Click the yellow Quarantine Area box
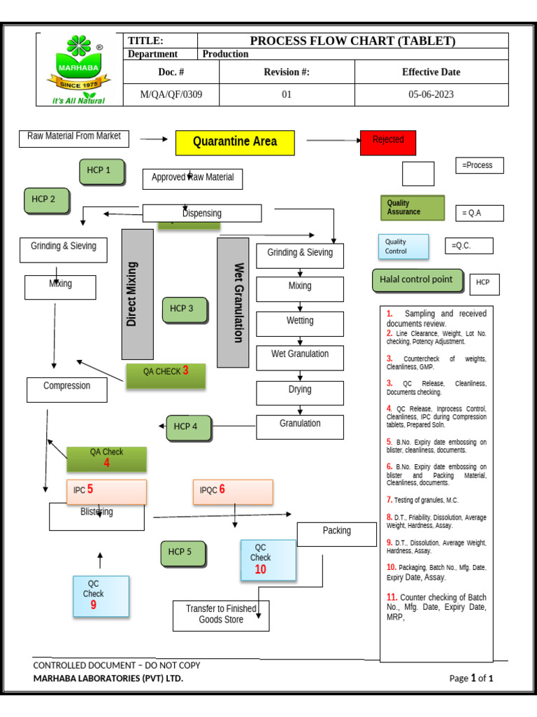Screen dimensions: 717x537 [234, 142]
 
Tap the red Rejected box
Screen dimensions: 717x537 [388, 142]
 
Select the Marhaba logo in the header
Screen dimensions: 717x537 [79, 70]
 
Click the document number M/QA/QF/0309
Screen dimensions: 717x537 [171, 95]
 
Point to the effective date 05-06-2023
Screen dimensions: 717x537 [431, 95]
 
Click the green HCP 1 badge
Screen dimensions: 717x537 [102, 172]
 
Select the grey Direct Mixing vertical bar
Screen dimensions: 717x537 [138, 294]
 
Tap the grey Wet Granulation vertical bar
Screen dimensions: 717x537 [233, 302]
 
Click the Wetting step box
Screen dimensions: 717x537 [300, 323]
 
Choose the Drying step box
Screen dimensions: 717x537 [300, 392]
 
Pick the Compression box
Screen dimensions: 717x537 [67, 389]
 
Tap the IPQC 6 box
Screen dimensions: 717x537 [233, 492]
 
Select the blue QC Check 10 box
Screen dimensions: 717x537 [268, 560]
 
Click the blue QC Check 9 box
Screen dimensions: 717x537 [101, 596]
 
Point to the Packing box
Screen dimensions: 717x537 [336, 534]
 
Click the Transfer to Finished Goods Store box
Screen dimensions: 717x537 [221, 615]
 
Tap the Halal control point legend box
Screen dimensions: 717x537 [417, 281]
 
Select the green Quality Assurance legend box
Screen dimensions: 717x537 [412, 208]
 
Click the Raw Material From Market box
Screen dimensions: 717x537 [74, 138]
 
